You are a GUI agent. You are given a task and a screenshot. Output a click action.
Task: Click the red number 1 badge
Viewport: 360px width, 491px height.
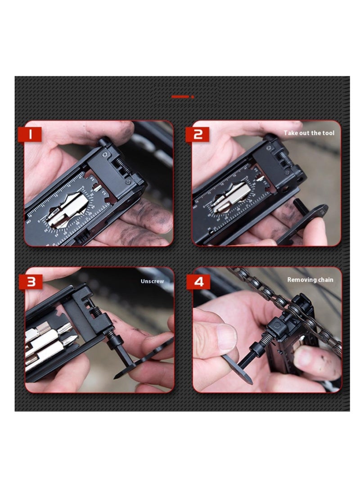point(30,134)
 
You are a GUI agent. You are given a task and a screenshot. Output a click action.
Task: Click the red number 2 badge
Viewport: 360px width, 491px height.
point(197,134)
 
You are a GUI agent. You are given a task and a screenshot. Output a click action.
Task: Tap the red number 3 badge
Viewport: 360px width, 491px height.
point(30,281)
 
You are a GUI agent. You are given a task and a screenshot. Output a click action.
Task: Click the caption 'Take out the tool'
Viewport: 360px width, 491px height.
point(309,133)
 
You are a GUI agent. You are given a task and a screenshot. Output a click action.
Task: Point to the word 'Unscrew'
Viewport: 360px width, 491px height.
point(152,281)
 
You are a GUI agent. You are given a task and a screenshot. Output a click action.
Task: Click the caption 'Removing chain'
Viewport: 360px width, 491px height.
point(310,279)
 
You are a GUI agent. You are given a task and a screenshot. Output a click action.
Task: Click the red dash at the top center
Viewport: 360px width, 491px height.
point(180,96)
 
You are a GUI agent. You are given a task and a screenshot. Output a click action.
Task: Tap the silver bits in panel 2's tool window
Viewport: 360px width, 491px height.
point(232,198)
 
